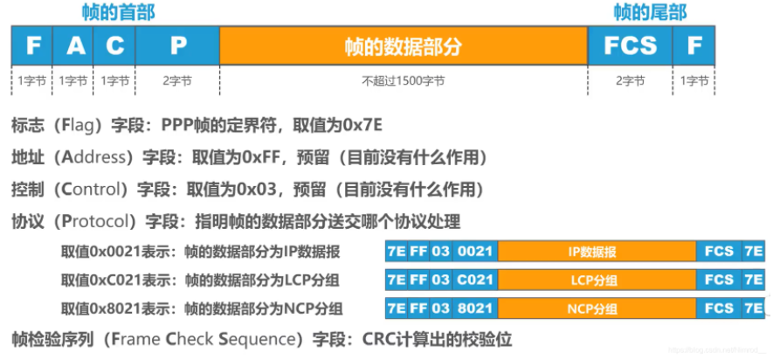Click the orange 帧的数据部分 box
(403, 45)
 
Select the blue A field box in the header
(75, 45)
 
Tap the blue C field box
(115, 45)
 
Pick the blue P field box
(178, 45)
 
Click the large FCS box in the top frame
(630, 45)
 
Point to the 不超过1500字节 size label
(403, 81)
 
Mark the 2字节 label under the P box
(178, 81)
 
